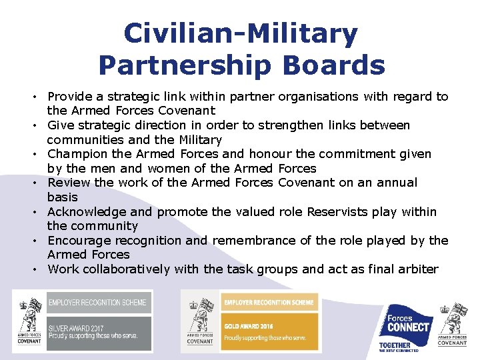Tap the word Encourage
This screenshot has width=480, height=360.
coord(79,241)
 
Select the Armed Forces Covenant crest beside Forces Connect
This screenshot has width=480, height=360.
coord(453,324)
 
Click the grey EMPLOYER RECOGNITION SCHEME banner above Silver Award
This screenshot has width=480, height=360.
coord(97,303)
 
